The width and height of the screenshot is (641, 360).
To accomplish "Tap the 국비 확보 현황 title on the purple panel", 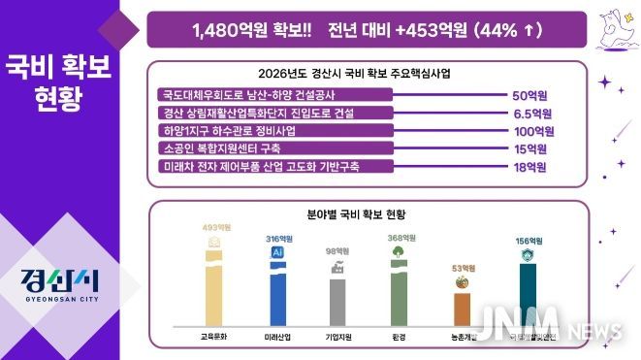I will coord(59,83).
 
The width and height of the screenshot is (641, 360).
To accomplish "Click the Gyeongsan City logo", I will coord(59,282).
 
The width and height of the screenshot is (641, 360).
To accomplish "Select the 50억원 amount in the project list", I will coord(529,96).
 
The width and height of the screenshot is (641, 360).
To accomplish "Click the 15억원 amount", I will coord(529,149).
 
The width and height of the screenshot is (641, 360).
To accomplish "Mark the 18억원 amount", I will coord(529,167).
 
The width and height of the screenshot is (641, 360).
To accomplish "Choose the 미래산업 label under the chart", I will coord(278,336).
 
